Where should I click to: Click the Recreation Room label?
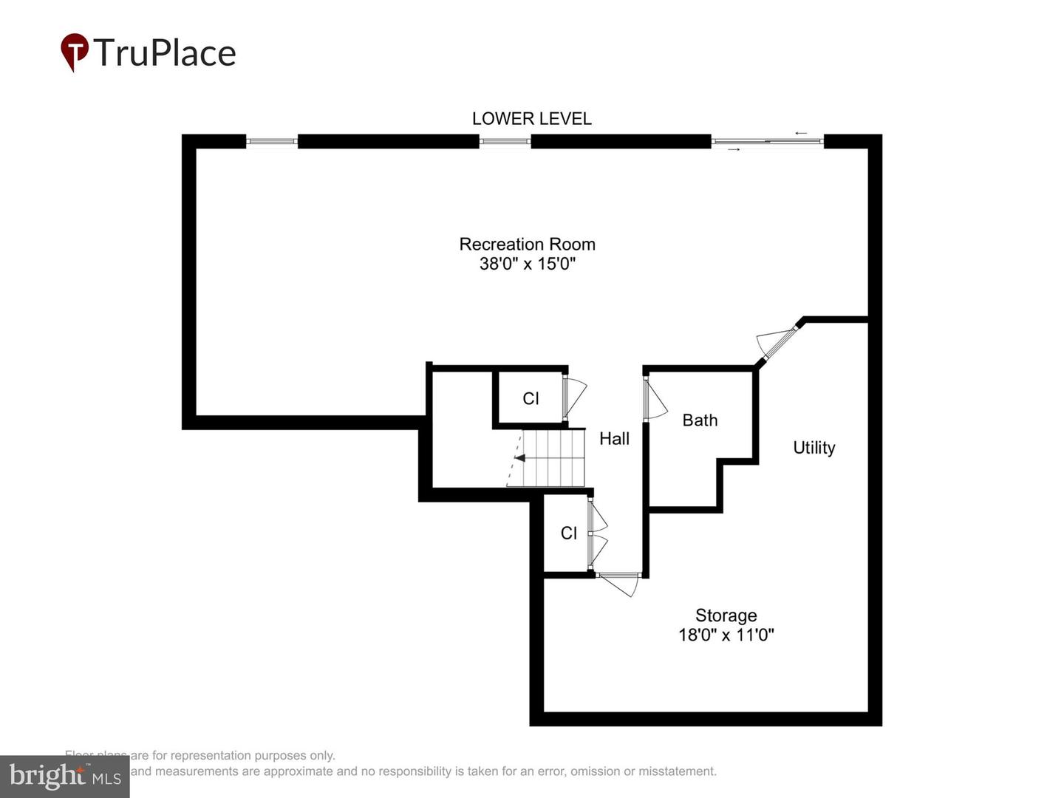(527, 244)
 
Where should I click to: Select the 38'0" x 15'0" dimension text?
(527, 264)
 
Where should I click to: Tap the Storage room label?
(726, 615)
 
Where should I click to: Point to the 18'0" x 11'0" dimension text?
(726, 635)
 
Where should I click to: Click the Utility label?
(814, 448)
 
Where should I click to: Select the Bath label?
(700, 420)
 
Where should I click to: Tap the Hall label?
(614, 439)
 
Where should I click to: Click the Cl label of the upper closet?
(531, 399)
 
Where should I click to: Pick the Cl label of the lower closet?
(568, 533)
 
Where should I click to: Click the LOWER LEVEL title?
(531, 118)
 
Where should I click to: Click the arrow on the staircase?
(520, 458)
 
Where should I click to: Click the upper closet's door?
(573, 397)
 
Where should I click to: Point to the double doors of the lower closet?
(597, 534)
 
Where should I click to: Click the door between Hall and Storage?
(619, 583)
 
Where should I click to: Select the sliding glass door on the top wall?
(767, 141)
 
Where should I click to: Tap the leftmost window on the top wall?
(271, 141)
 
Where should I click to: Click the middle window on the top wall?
(505, 141)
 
